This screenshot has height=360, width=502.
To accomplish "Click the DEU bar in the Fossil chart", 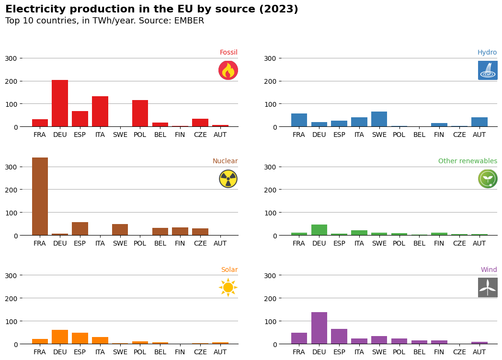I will coord(60,103).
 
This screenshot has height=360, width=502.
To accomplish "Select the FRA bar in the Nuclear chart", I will coord(40,196).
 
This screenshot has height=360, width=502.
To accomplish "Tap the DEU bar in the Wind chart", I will coord(319,328).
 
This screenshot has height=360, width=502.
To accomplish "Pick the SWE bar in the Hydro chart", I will coord(379,119).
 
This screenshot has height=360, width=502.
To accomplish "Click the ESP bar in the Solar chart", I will coord(80,338).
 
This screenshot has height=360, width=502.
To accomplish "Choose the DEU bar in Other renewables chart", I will coord(319,230).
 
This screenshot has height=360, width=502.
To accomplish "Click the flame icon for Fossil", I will coord(228,70).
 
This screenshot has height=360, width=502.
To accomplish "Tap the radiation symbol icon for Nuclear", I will coord(228,179).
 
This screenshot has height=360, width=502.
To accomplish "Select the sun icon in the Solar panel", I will coord(228,288).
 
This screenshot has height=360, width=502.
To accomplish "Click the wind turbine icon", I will coord(488,288).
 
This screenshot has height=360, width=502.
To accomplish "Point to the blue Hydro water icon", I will coord(488,70).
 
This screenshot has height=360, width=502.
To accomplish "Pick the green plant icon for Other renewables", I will coord(488,179).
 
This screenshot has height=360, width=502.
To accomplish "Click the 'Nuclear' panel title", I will coord(225,161).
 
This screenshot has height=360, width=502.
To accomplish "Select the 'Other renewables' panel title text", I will coord(468,161).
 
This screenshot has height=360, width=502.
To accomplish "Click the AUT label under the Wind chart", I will coord(479,352).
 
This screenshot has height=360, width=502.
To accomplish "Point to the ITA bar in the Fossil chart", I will coord(100,112).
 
